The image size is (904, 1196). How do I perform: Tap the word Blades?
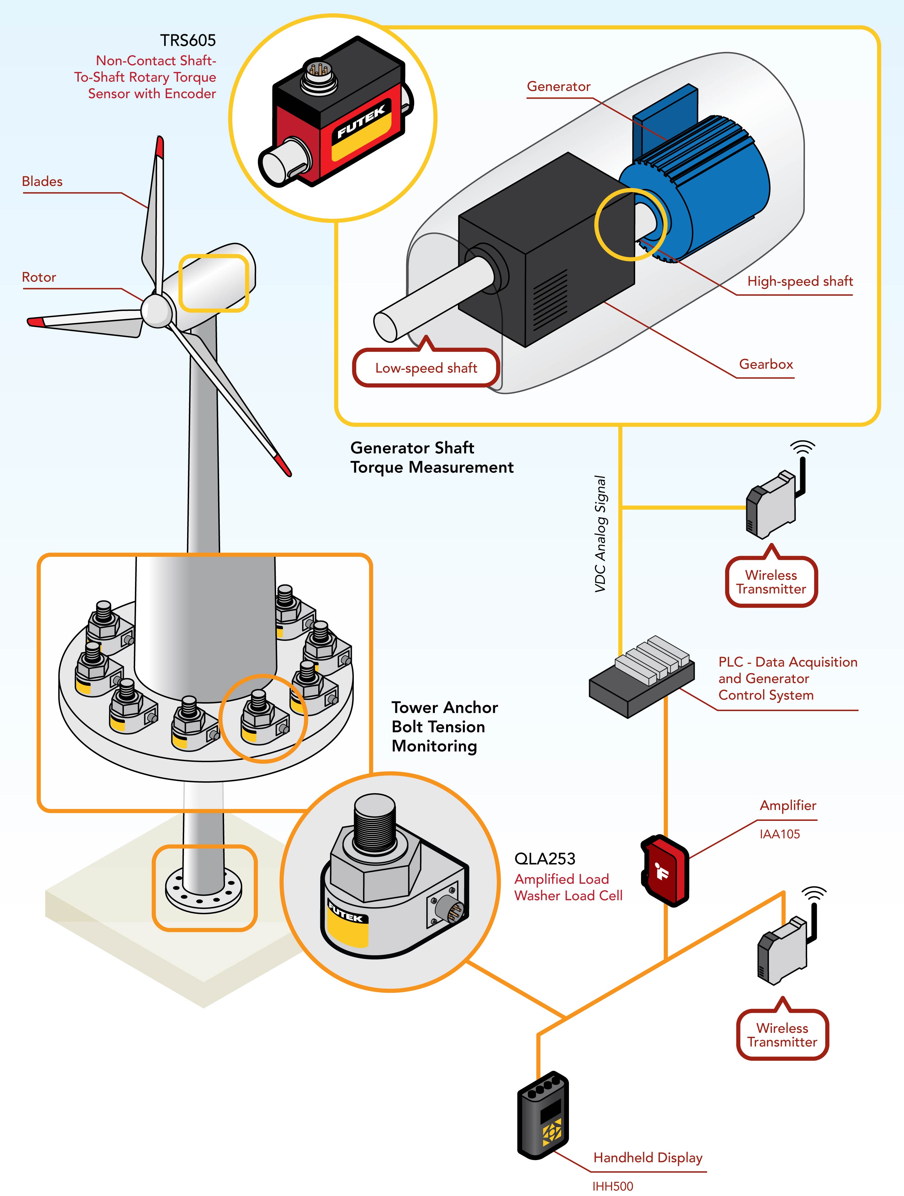(x=42, y=182)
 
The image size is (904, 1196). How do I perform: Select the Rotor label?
(x=39, y=277)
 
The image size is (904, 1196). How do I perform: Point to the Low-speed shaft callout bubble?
(x=426, y=368)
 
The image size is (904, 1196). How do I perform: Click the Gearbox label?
(x=766, y=364)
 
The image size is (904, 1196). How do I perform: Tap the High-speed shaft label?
(x=800, y=281)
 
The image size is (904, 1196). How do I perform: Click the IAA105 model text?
(x=779, y=834)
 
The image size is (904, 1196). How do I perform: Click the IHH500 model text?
(x=612, y=1186)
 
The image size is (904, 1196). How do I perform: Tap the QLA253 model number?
(x=545, y=859)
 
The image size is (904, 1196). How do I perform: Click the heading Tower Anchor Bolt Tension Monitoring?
(x=444, y=727)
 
